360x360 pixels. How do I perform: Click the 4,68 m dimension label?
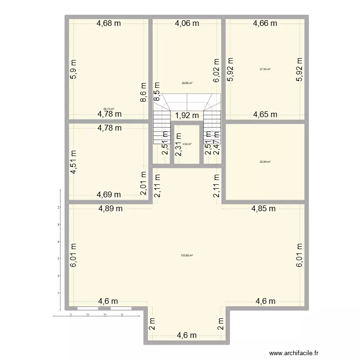tap(109, 23)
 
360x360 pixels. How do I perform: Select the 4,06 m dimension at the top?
tap(187, 23)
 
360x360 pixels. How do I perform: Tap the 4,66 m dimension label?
tap(265, 23)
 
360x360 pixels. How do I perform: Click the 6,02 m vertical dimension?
tap(216, 70)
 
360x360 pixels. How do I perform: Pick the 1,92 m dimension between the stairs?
tap(187, 115)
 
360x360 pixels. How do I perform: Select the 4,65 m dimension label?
tap(265, 114)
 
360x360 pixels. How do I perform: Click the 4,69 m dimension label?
tap(109, 195)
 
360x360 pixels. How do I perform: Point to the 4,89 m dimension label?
tap(111, 209)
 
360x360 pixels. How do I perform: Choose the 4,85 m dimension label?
tap(264, 209)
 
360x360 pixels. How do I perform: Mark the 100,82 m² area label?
tap(187, 255)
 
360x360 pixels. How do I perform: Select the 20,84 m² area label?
tap(265, 162)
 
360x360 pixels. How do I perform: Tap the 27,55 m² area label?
tap(265, 69)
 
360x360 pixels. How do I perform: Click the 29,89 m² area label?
tap(187, 83)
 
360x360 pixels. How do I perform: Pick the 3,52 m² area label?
tap(187, 144)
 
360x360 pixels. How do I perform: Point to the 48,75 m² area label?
tap(108, 109)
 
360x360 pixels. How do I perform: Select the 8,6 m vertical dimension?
tap(143, 92)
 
